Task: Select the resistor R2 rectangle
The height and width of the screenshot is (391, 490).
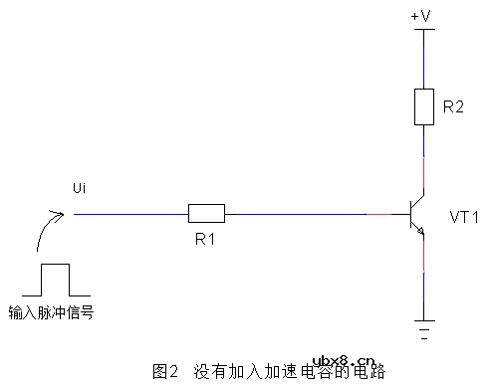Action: (x=424, y=105)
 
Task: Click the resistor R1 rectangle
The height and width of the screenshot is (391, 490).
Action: (x=206, y=213)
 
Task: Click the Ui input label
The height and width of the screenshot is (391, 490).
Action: (x=81, y=188)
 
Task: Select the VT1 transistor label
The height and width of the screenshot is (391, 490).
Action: (x=465, y=216)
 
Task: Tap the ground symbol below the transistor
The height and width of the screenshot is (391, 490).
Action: (x=424, y=327)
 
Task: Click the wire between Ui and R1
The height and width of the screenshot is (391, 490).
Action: (x=130, y=213)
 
